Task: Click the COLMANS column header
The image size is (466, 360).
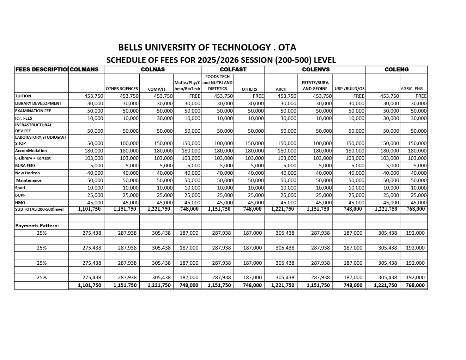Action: click(84, 70)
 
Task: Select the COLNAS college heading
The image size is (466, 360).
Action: click(153, 70)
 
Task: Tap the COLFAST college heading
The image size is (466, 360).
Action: click(233, 70)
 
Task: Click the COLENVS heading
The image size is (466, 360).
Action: click(316, 70)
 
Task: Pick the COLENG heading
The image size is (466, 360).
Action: click(397, 70)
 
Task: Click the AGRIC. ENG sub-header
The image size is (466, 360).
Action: click(412, 89)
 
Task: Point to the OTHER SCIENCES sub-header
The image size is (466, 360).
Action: click(122, 89)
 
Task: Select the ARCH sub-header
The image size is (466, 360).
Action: click(281, 89)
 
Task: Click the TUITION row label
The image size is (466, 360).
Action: click(23, 96)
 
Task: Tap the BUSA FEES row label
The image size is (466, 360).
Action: click(25, 166)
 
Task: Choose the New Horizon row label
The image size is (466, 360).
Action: click(28, 173)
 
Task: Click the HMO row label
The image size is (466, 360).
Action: click(20, 203)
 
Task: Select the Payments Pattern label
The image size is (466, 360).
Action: click(37, 226)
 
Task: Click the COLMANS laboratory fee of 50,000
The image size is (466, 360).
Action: click(95, 143)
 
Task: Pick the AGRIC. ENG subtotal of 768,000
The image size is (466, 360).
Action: click(416, 209)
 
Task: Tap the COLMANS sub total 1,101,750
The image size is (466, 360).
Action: click(89, 209)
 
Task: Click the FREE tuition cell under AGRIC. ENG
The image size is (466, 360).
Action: click(421, 96)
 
